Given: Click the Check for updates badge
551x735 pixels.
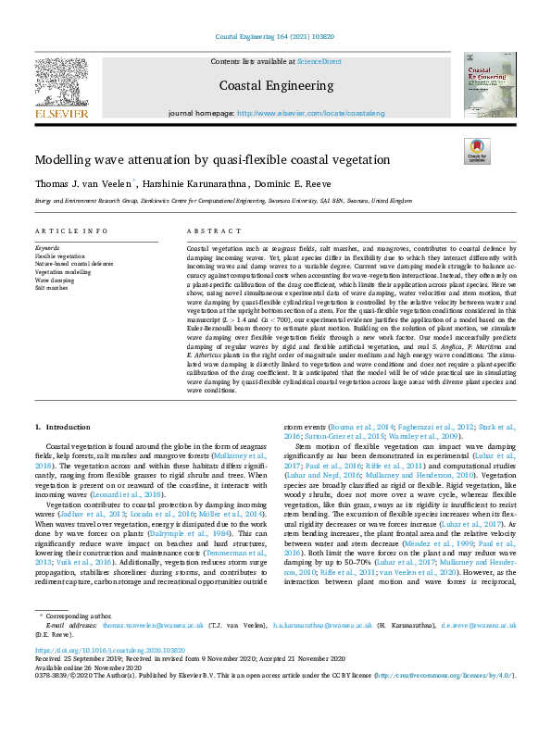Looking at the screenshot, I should coord(477,152).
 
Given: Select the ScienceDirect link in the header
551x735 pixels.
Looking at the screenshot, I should coord(319,60).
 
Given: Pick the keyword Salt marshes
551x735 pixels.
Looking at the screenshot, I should coord(51,288).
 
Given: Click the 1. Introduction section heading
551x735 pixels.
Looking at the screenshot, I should coord(63,427).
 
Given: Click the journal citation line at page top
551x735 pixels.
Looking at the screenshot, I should coord(274,37).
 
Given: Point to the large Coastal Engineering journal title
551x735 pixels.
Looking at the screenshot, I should coord(274,86).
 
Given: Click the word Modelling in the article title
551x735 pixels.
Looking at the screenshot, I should coord(63,160).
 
